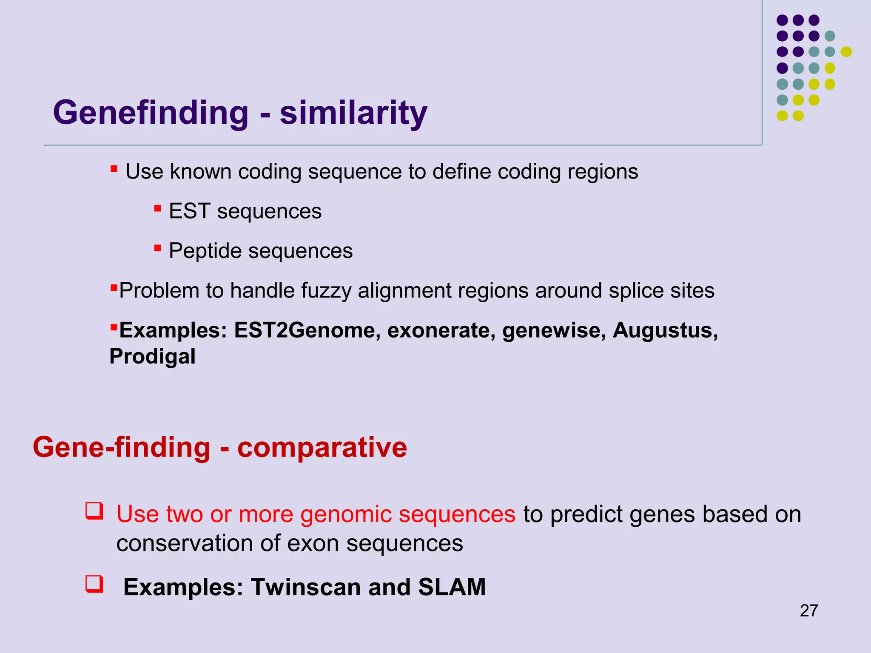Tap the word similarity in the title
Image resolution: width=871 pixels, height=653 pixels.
coord(353,113)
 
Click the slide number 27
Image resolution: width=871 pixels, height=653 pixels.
coord(809,611)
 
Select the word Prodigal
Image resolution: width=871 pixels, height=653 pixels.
coord(152,356)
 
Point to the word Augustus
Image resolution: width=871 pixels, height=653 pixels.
coord(665,330)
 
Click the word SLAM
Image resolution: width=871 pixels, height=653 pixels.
coord(452,587)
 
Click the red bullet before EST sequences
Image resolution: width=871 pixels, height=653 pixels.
coord(157,208)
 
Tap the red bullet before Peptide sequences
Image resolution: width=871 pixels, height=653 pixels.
coord(157,248)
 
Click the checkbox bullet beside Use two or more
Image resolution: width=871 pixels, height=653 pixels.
coord(94,511)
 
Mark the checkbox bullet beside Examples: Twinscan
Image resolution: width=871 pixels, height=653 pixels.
coord(94,584)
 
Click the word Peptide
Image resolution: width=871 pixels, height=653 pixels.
coord(205,251)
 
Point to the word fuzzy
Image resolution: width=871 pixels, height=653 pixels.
coord(326,291)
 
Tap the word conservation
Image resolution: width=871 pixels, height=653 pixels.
coord(185,543)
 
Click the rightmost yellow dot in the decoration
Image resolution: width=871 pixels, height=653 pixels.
coord(846,51)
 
